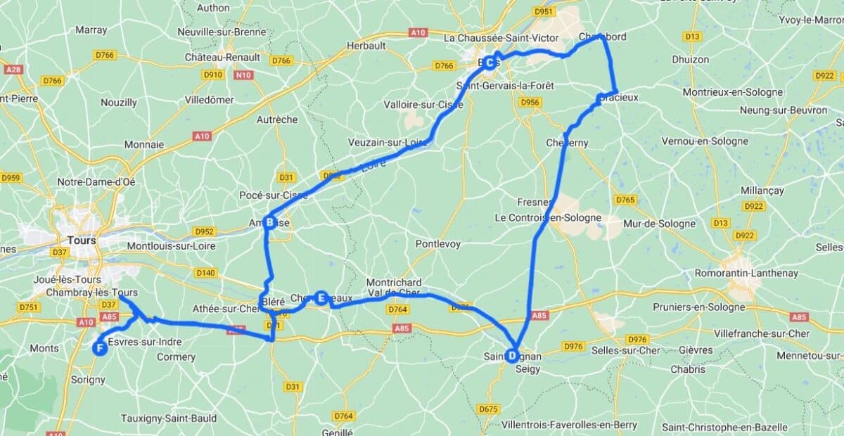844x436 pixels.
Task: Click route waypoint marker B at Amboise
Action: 269,223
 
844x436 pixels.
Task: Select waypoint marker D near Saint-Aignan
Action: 512,356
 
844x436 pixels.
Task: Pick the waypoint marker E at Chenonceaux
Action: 321,298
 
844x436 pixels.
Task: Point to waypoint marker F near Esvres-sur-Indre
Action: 100,348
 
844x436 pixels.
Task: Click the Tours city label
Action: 82,240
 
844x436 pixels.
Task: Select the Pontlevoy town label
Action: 437,243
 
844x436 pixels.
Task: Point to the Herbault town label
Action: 366,46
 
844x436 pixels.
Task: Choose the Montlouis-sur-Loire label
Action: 172,246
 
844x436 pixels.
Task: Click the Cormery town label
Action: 176,357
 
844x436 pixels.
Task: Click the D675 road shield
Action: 487,409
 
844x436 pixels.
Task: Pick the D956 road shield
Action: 530,103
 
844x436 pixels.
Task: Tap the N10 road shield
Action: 243,75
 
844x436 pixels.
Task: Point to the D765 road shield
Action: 625,200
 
